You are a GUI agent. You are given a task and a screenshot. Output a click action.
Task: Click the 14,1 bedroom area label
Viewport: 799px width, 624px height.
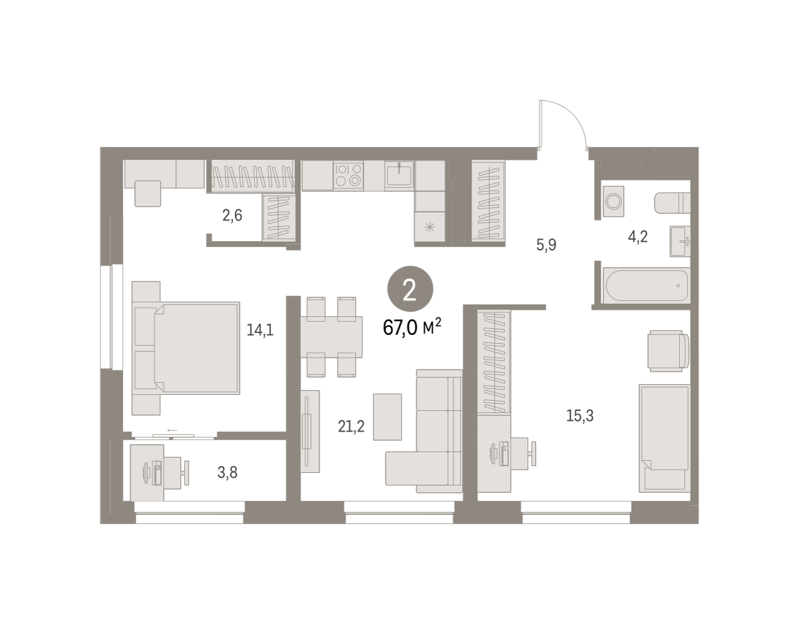coord(260,330)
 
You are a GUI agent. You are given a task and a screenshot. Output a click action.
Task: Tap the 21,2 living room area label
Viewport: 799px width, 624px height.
coord(351,426)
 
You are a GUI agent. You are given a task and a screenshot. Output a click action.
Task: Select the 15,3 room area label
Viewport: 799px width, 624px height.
coord(580,416)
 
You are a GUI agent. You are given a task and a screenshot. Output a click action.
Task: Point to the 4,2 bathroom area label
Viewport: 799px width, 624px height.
coord(638,237)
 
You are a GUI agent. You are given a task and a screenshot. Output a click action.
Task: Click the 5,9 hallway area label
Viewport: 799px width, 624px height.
coord(546,244)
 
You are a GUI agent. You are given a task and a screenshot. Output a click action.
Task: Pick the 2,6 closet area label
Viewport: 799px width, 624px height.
coord(232,216)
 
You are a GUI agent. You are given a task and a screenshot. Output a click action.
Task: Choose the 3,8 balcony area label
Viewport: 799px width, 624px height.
coord(227,473)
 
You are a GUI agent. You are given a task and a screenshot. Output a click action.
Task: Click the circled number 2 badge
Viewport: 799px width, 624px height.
coord(410,289)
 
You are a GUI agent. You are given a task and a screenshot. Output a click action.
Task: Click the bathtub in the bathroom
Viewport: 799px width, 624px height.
coord(646,286)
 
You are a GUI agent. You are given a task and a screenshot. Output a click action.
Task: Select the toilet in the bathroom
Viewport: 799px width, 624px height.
coord(672,202)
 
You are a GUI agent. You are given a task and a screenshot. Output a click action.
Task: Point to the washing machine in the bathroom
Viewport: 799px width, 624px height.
coord(613,201)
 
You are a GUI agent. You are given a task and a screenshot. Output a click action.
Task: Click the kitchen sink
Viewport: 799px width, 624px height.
coord(399,175)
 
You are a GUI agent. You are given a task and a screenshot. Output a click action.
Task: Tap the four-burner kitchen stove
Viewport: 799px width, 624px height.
coord(349,175)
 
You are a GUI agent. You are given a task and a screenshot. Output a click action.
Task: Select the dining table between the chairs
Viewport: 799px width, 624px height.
coord(332,337)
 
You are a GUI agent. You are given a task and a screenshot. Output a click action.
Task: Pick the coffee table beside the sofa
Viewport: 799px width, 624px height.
coord(388,417)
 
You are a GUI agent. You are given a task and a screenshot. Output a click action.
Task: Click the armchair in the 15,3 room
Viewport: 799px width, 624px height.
coord(668,351)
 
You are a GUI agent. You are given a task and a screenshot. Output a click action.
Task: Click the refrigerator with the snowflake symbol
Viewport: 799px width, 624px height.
coord(429,227)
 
